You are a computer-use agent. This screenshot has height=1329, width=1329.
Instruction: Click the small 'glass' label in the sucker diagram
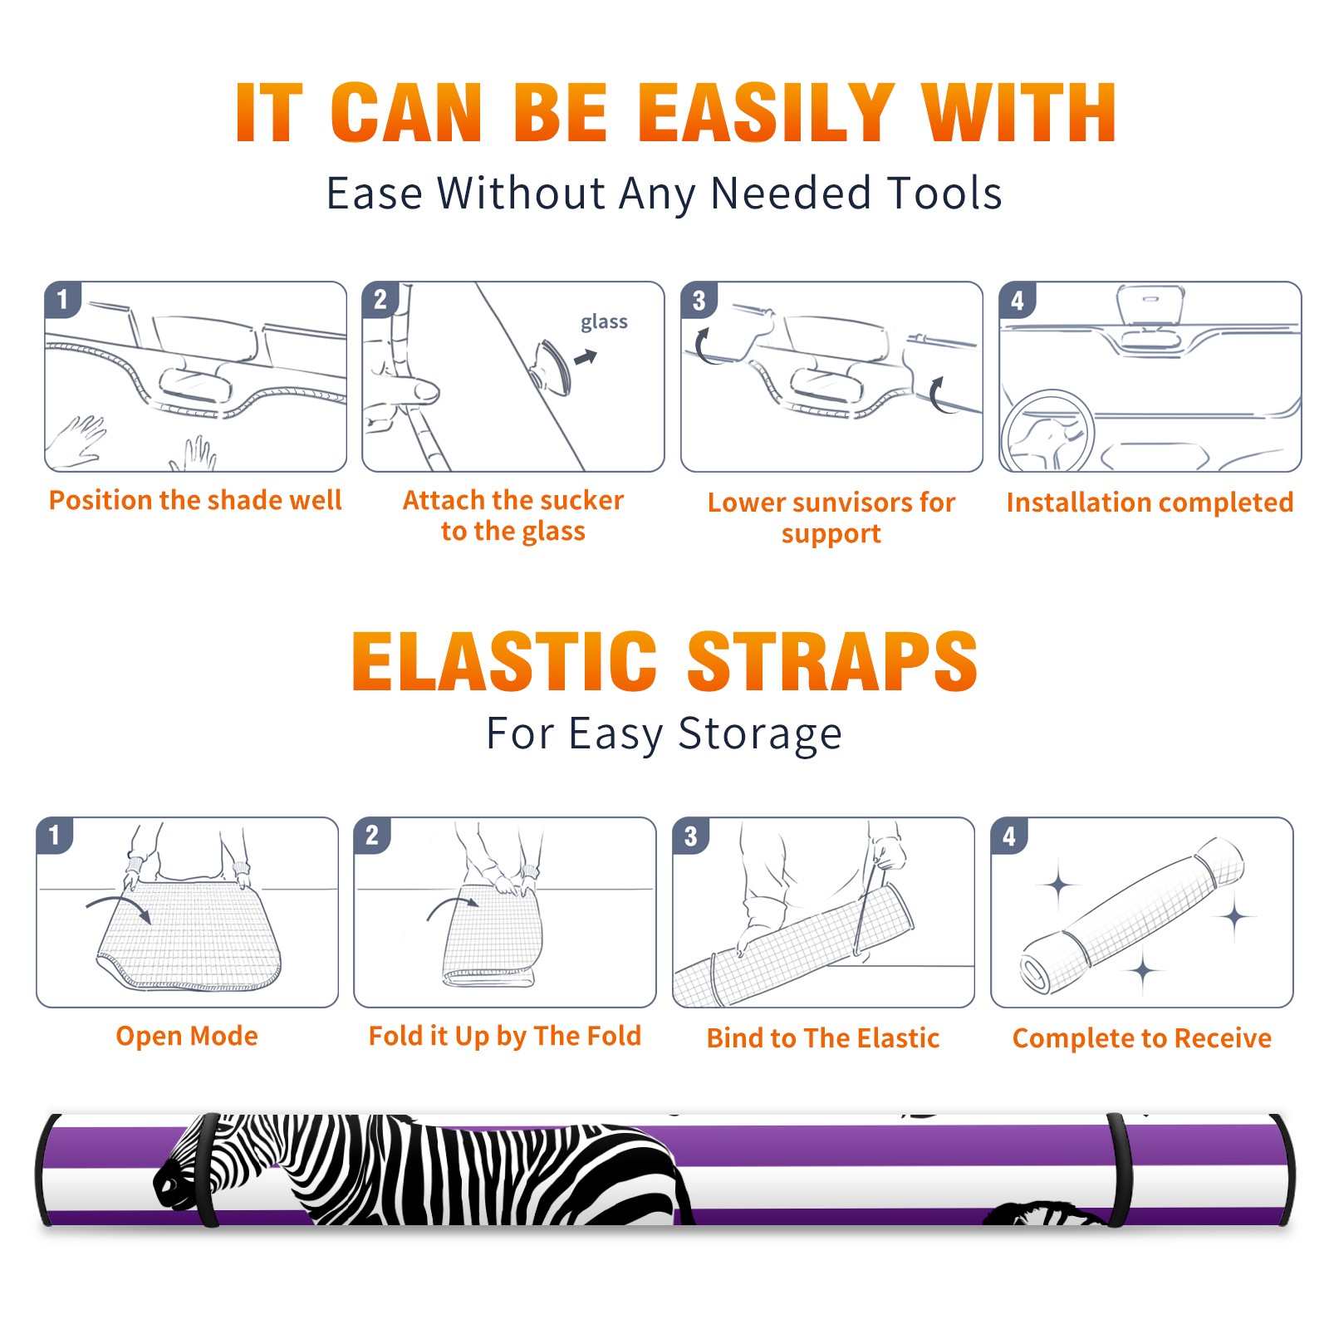(604, 322)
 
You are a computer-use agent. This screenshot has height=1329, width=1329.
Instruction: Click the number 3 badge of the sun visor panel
(699, 300)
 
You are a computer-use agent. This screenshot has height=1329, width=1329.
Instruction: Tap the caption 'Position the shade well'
(195, 500)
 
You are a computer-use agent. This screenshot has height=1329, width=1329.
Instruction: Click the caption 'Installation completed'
(1150, 502)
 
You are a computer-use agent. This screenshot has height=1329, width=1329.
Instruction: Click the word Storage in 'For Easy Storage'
(760, 734)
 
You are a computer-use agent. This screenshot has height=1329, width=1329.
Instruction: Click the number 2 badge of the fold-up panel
(372, 835)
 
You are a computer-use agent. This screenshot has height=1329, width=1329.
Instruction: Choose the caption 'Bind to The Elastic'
(822, 1037)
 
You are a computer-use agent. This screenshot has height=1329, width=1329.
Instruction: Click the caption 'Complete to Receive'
(1142, 1037)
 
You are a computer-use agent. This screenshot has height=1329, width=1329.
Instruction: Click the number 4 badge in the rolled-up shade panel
(1009, 835)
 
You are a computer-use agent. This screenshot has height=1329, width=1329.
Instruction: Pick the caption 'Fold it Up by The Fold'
(505, 1036)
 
